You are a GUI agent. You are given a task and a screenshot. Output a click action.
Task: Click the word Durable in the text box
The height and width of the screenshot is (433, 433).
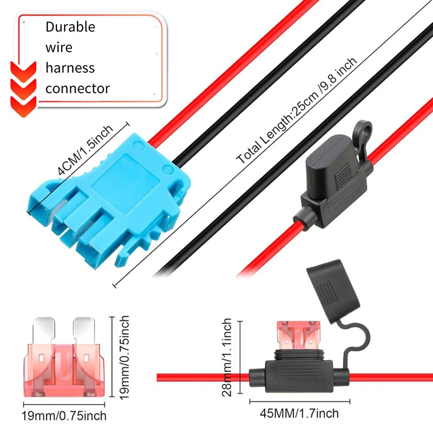[x=70, y=27]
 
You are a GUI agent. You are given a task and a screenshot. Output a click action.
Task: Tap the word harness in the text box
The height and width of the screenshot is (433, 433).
[x=70, y=68]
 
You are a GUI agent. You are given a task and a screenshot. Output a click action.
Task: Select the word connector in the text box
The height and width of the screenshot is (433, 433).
[x=78, y=89]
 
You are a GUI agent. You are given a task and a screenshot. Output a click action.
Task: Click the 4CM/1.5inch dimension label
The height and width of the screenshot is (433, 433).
[x=85, y=150]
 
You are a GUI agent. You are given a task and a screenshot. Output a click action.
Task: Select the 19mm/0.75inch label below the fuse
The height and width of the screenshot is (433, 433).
[x=64, y=416]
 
